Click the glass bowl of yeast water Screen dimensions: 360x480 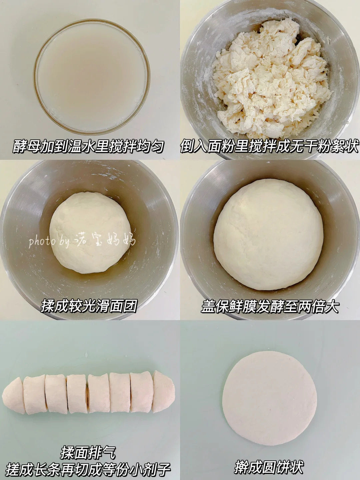pos(92,77)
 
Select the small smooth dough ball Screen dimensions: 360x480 pos(90,233)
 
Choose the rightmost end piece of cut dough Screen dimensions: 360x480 pos(163,391)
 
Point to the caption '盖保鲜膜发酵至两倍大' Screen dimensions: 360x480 pos(270,306)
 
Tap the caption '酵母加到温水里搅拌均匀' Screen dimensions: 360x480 pos(89,146)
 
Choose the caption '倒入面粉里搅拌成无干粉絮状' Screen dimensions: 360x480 pos(270,146)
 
